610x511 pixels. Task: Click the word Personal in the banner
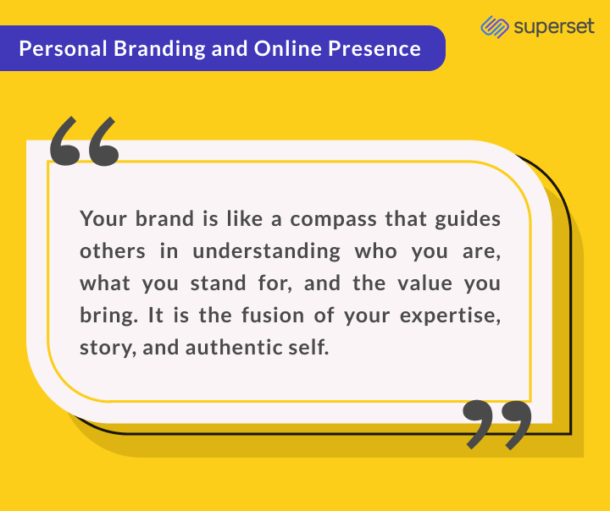pyautogui.click(x=63, y=48)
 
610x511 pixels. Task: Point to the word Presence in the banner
pyautogui.click(x=374, y=48)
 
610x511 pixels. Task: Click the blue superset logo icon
pyautogui.click(x=495, y=27)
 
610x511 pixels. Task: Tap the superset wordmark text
pyautogui.click(x=554, y=27)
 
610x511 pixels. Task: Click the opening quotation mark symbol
pyautogui.click(x=84, y=141)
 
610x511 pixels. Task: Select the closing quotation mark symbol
pyautogui.click(x=497, y=425)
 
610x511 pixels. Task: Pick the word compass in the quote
pyautogui.click(x=334, y=220)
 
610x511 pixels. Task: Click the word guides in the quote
pyautogui.click(x=468, y=220)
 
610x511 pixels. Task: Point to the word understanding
pyautogui.click(x=267, y=252)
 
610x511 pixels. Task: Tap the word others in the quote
pyautogui.click(x=113, y=251)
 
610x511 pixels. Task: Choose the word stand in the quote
pyautogui.click(x=218, y=283)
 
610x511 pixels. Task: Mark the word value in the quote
pyautogui.click(x=424, y=283)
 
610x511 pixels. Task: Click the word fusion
pyautogui.click(x=273, y=315)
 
